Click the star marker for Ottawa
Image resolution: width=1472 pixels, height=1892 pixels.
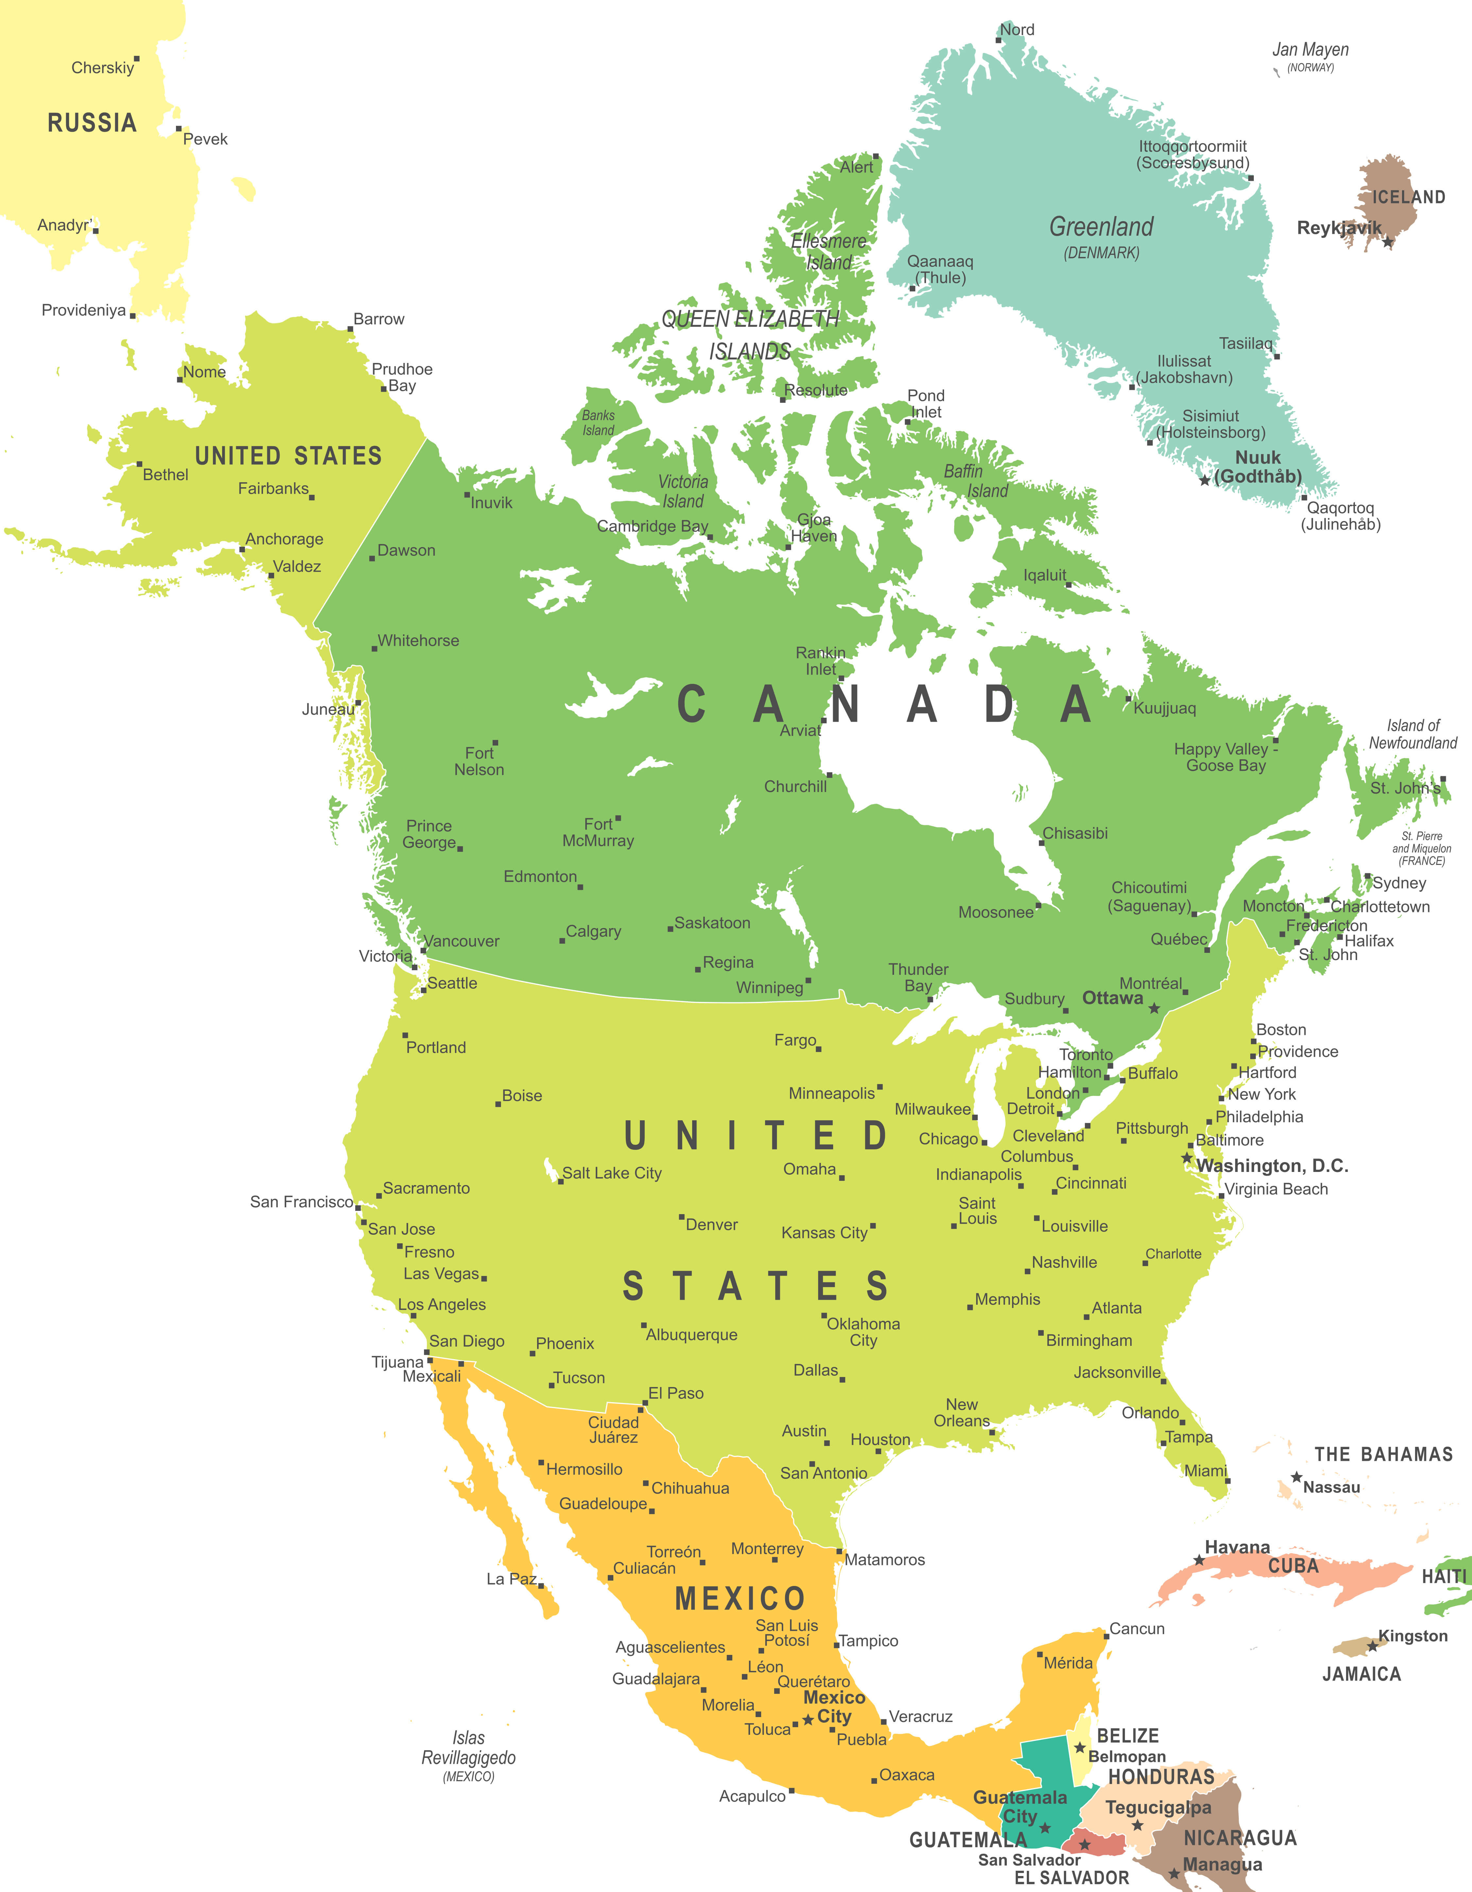(1154, 1008)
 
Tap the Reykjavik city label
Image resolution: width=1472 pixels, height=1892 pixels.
(1339, 228)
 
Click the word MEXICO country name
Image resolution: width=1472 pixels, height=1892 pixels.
(740, 1598)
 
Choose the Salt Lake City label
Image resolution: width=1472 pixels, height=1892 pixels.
(612, 1173)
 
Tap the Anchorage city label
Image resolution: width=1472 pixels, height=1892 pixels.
(284, 539)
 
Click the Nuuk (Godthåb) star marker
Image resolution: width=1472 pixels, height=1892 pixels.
(1204, 480)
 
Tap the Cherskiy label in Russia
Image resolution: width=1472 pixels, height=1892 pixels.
(102, 68)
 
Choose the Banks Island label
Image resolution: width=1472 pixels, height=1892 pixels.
(598, 423)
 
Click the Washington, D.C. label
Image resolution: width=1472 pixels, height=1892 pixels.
(1272, 1165)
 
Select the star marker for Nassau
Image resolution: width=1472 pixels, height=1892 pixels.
(1296, 1477)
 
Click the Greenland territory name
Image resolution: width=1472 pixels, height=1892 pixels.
(1101, 227)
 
